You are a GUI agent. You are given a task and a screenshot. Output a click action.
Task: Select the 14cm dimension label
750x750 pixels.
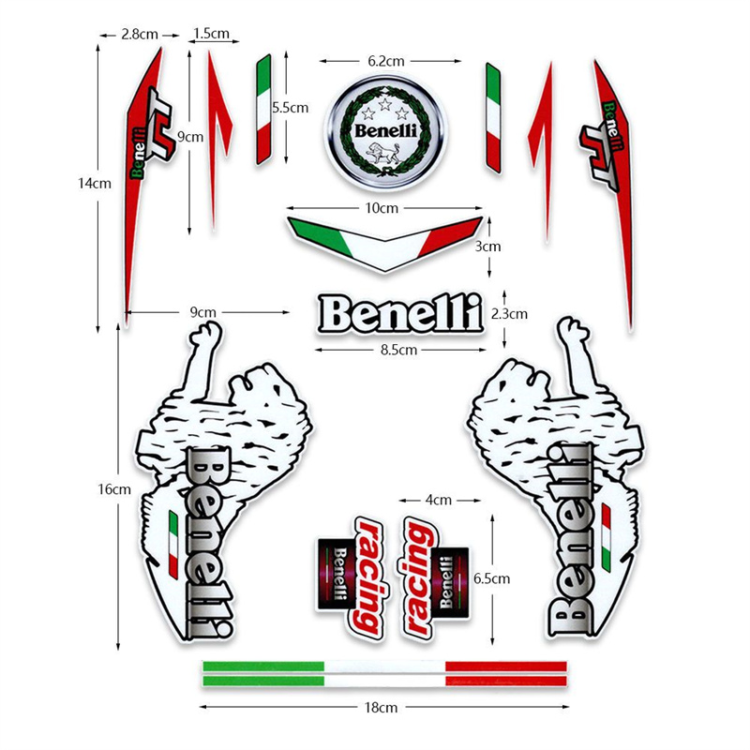click(x=96, y=184)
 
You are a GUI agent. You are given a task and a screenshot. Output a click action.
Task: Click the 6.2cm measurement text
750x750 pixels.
click(x=385, y=61)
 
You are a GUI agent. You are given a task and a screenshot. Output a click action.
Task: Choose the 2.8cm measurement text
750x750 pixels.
click(x=139, y=34)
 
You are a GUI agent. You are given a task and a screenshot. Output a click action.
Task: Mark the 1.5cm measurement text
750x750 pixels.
click(x=211, y=34)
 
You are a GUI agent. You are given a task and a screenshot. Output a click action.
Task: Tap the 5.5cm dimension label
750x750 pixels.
click(x=290, y=108)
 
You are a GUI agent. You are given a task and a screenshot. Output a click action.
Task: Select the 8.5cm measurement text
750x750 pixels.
click(x=398, y=349)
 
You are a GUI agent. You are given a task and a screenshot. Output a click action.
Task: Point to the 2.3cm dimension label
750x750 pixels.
click(x=510, y=314)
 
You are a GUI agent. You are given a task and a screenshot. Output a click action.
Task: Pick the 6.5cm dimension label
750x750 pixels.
click(x=492, y=578)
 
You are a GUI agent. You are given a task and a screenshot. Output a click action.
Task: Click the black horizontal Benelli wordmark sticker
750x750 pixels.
click(x=399, y=313)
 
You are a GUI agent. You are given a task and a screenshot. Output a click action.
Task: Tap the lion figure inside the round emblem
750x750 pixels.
click(x=383, y=156)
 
